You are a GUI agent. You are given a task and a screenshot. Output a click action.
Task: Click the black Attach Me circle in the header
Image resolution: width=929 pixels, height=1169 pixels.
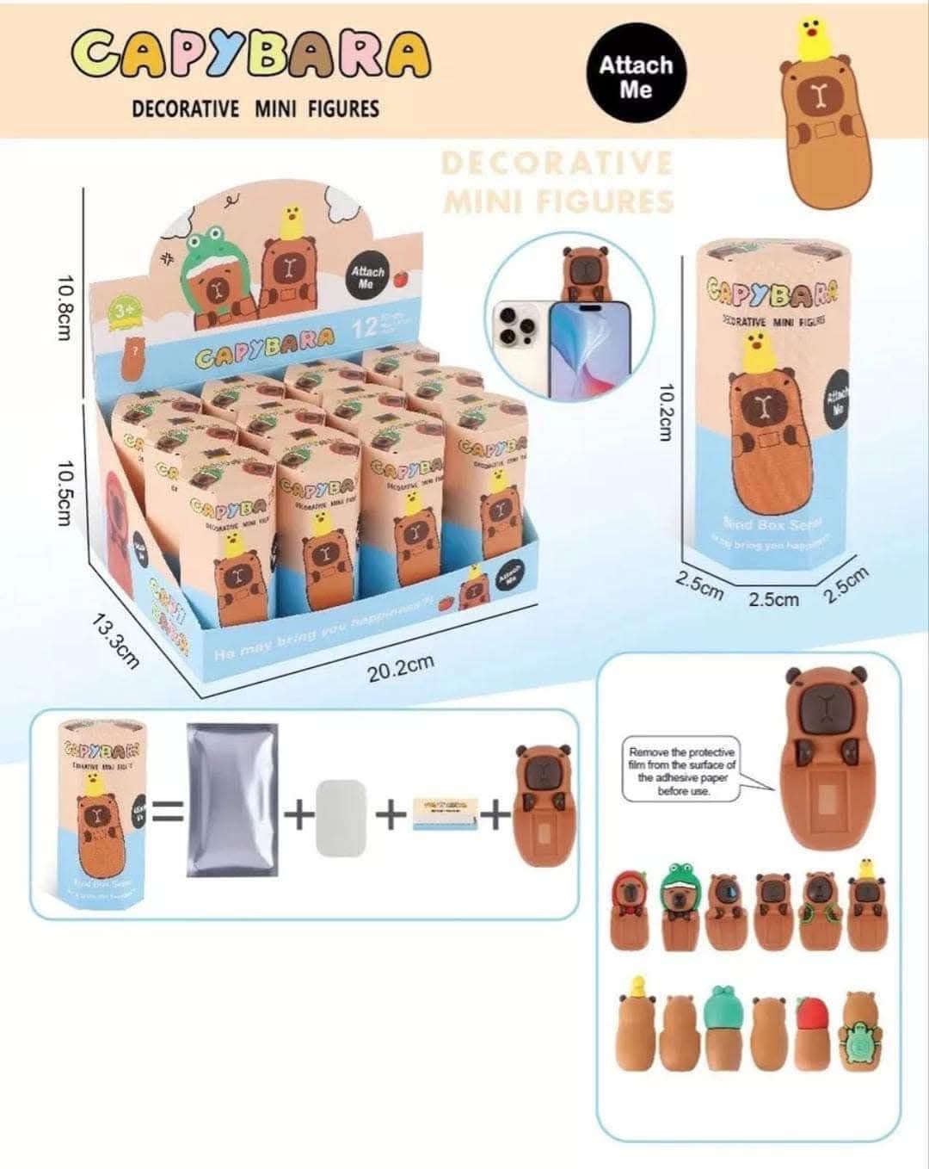636,77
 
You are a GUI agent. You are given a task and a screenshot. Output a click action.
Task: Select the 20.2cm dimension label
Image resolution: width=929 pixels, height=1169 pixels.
400,667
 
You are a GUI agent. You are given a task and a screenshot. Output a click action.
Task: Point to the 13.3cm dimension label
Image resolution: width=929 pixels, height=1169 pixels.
115,640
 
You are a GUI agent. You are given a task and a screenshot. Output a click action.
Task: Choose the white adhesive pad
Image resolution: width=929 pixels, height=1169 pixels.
342,817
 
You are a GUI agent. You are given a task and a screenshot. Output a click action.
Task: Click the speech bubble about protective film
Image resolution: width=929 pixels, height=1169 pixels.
682,771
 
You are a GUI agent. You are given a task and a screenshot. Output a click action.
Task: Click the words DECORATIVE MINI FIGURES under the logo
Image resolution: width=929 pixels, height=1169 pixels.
255,109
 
